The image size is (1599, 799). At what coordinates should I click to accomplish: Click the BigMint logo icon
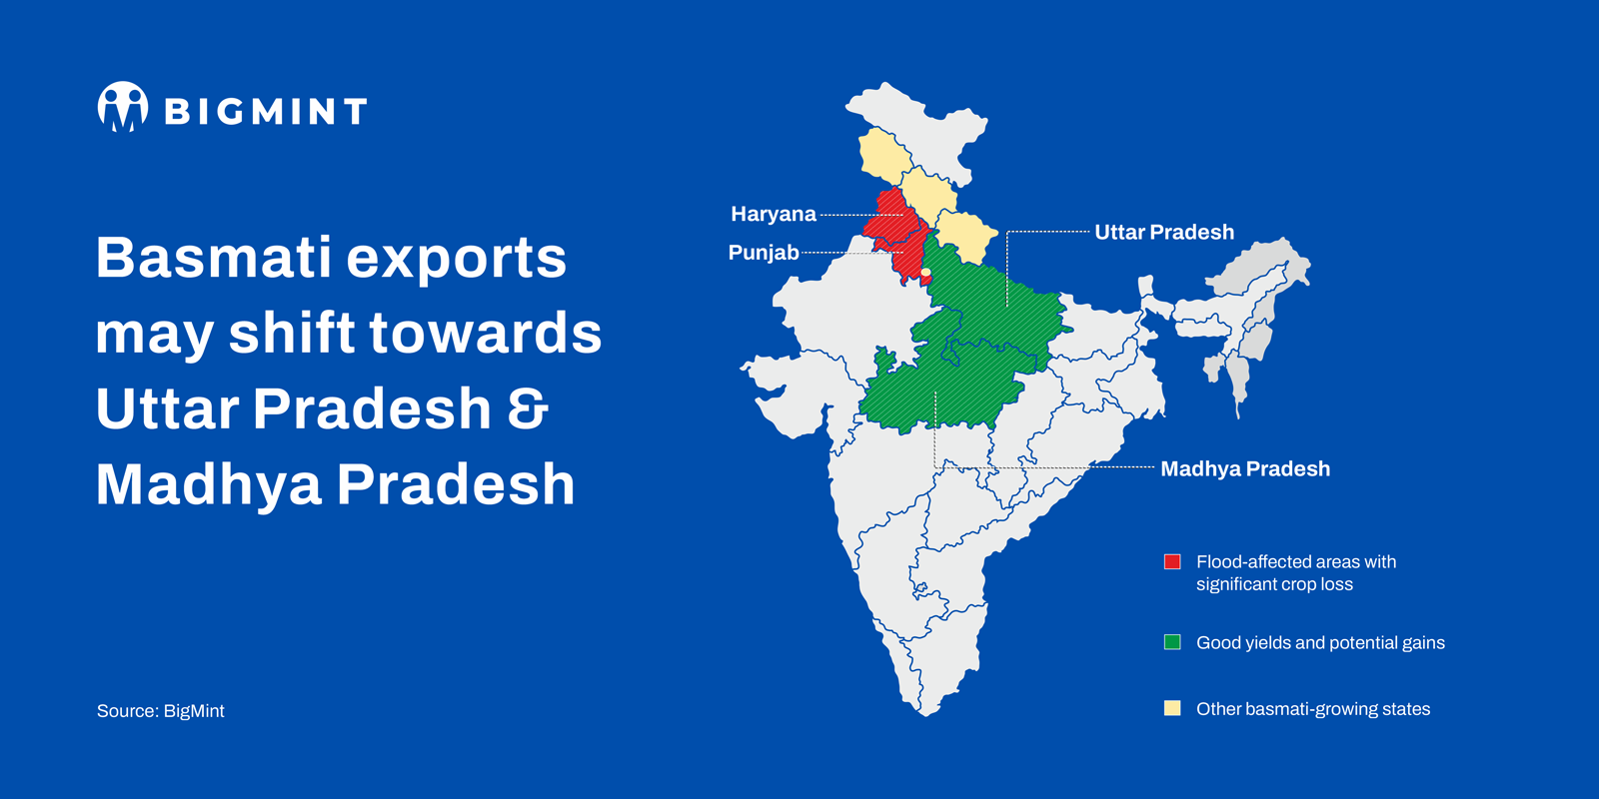click(x=123, y=107)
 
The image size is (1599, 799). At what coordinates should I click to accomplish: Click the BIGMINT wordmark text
click(x=266, y=111)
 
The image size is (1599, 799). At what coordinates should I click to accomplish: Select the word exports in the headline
click(x=457, y=259)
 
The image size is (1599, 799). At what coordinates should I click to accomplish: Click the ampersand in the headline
click(x=528, y=408)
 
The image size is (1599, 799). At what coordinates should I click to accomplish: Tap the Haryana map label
click(x=773, y=214)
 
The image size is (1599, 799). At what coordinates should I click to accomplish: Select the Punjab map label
click(x=763, y=253)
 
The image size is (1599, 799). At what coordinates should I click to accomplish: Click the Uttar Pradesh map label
click(x=1164, y=233)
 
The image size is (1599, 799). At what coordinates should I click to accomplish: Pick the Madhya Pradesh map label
click(x=1245, y=468)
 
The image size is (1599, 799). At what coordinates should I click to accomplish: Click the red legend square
click(x=1172, y=562)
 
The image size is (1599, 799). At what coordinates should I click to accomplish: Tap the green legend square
click(x=1172, y=642)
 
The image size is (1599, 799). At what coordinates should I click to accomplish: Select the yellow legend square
click(x=1172, y=708)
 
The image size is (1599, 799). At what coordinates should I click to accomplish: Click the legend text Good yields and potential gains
click(x=1320, y=643)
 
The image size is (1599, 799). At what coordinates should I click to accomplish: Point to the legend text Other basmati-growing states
click(x=1313, y=709)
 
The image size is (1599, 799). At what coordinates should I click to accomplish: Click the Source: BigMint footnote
click(x=161, y=711)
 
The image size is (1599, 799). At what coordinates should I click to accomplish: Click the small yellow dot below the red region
click(x=926, y=272)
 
